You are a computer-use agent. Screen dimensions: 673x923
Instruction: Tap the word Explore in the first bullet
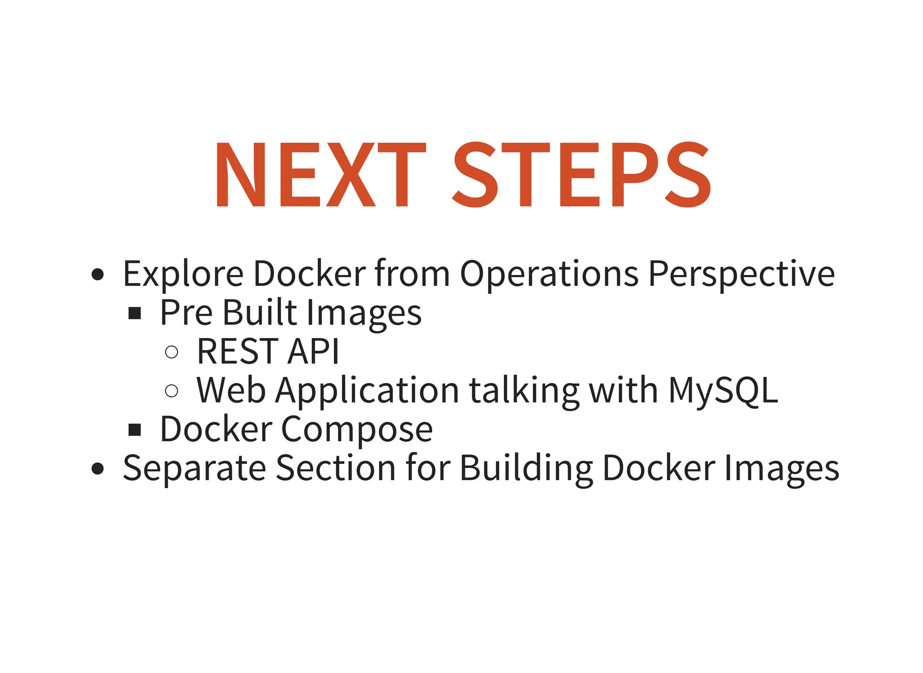coord(183,274)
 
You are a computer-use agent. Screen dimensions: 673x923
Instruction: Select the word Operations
coord(549,274)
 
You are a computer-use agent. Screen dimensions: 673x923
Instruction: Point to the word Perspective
coord(741,274)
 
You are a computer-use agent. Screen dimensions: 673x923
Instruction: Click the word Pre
coord(186,312)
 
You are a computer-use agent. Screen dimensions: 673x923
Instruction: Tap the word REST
coord(238,351)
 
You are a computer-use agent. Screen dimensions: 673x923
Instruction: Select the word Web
coord(231,390)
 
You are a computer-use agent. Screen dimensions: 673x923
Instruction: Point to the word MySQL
coord(723,390)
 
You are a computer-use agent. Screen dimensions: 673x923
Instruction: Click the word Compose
coord(356,430)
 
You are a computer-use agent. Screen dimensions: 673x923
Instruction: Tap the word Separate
coord(194,468)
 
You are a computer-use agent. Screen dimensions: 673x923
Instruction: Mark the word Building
coord(526,468)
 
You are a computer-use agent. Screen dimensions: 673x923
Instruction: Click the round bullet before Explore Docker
coord(97,274)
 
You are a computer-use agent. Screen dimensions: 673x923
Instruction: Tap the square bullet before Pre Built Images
coord(135,313)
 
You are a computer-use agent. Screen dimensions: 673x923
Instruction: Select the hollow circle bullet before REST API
coord(171,352)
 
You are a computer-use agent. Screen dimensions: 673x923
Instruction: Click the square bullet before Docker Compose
coord(135,430)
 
